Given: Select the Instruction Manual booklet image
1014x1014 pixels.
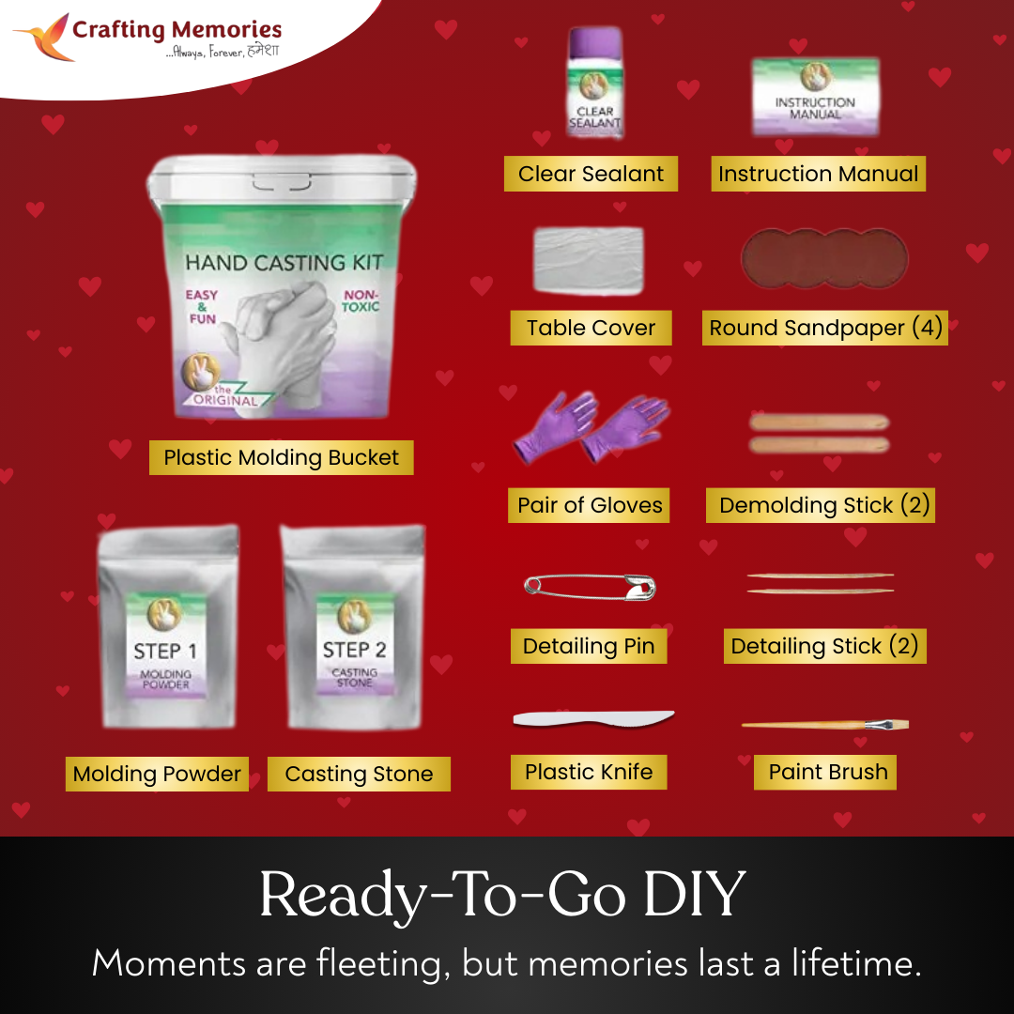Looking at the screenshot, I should point(815,97).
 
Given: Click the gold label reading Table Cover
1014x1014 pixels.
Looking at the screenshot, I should point(591,328).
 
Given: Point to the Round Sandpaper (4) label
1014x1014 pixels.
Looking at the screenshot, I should point(824,328).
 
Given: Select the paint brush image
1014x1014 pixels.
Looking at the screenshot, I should point(824,725).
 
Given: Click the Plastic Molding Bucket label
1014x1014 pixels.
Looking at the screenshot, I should point(281,458).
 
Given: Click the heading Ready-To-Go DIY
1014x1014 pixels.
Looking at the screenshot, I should point(502,895).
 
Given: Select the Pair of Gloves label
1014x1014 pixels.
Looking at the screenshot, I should point(590,505).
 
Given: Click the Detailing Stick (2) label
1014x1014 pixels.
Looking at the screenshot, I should point(824,646).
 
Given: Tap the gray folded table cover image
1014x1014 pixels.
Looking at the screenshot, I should point(589,260).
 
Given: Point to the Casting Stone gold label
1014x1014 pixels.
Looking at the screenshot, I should point(359,775).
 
